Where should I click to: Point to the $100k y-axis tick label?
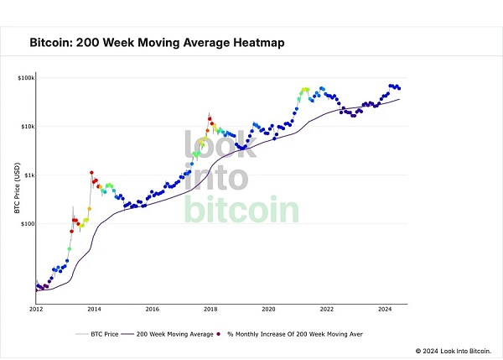[24, 78]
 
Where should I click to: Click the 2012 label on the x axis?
[36, 309]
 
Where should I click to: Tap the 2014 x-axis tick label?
[94, 309]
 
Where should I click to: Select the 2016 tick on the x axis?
[152, 309]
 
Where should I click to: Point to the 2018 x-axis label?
[210, 309]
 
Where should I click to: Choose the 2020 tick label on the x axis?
[268, 309]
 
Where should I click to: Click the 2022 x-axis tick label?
[326, 309]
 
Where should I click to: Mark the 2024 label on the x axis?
[384, 309]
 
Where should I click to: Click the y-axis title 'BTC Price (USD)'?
[17, 189]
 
